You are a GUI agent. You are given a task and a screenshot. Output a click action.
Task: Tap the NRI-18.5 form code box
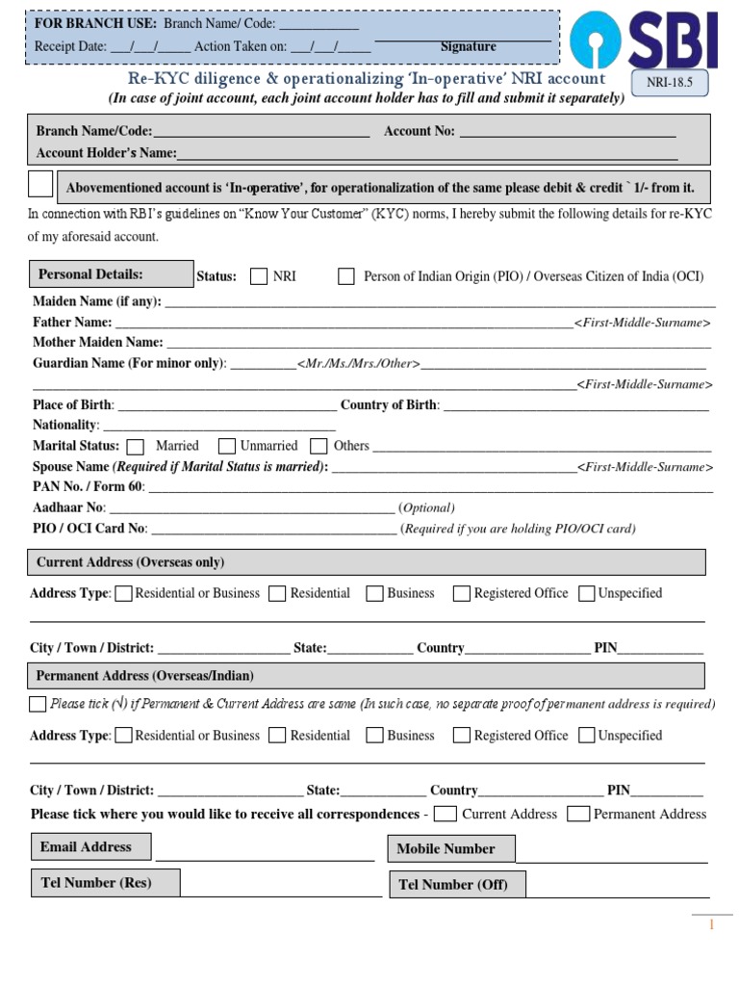[669, 84]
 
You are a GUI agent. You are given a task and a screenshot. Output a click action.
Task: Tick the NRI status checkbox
[259, 277]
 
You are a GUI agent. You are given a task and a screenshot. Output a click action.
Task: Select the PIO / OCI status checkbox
[346, 277]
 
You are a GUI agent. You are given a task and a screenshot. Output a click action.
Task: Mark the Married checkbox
[136, 447]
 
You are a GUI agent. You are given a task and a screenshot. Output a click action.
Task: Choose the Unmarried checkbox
[227, 447]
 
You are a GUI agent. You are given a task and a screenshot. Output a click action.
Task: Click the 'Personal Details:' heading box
[112, 274]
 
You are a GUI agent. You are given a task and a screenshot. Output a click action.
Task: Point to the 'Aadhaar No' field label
[68, 507]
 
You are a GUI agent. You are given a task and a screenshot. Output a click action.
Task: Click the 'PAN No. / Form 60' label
[88, 487]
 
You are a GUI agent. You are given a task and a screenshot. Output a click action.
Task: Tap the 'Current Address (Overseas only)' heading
[130, 562]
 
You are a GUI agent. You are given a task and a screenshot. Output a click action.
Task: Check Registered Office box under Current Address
[462, 594]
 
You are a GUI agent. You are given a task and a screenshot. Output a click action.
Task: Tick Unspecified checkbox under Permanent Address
[587, 736]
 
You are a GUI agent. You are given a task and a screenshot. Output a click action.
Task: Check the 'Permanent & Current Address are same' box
[38, 704]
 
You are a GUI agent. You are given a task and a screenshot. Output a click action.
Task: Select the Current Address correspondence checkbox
[445, 815]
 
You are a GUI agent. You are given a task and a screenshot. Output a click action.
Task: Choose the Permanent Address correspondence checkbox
[578, 815]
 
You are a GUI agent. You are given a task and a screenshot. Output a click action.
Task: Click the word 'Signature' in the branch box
[469, 47]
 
